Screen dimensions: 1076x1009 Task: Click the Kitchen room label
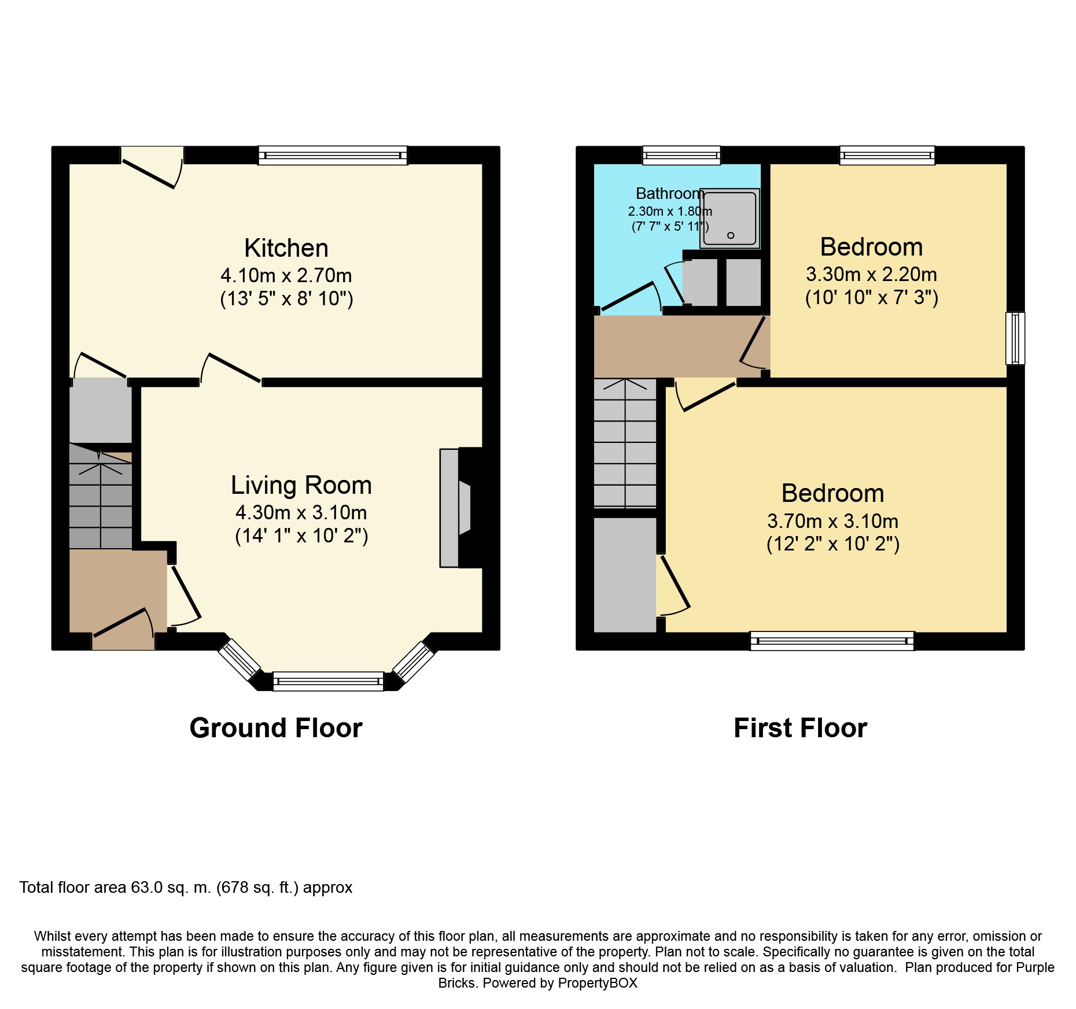tap(286, 249)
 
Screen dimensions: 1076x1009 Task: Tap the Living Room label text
tap(301, 485)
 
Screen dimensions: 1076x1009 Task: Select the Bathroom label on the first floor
tap(670, 193)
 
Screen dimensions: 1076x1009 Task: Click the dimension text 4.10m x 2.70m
tap(286, 275)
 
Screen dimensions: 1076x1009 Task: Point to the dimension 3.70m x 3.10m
tap(833, 521)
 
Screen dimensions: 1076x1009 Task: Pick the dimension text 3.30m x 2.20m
tap(872, 274)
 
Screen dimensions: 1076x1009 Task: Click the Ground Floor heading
tap(276, 728)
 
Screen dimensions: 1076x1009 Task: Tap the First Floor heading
tap(801, 728)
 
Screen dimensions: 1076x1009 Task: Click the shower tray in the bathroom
tap(730, 219)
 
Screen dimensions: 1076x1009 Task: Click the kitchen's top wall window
tap(333, 156)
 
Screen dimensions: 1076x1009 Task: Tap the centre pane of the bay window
tap(328, 681)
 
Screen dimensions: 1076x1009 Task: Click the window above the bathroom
tap(681, 156)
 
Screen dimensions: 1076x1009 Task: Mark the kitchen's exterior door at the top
tap(152, 167)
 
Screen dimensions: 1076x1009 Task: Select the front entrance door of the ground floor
tap(123, 629)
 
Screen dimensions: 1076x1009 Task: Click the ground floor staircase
tap(101, 496)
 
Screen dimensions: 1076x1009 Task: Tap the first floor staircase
tap(625, 443)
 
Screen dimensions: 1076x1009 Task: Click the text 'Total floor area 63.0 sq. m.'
tap(115, 888)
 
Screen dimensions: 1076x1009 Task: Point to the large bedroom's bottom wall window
tap(832, 641)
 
